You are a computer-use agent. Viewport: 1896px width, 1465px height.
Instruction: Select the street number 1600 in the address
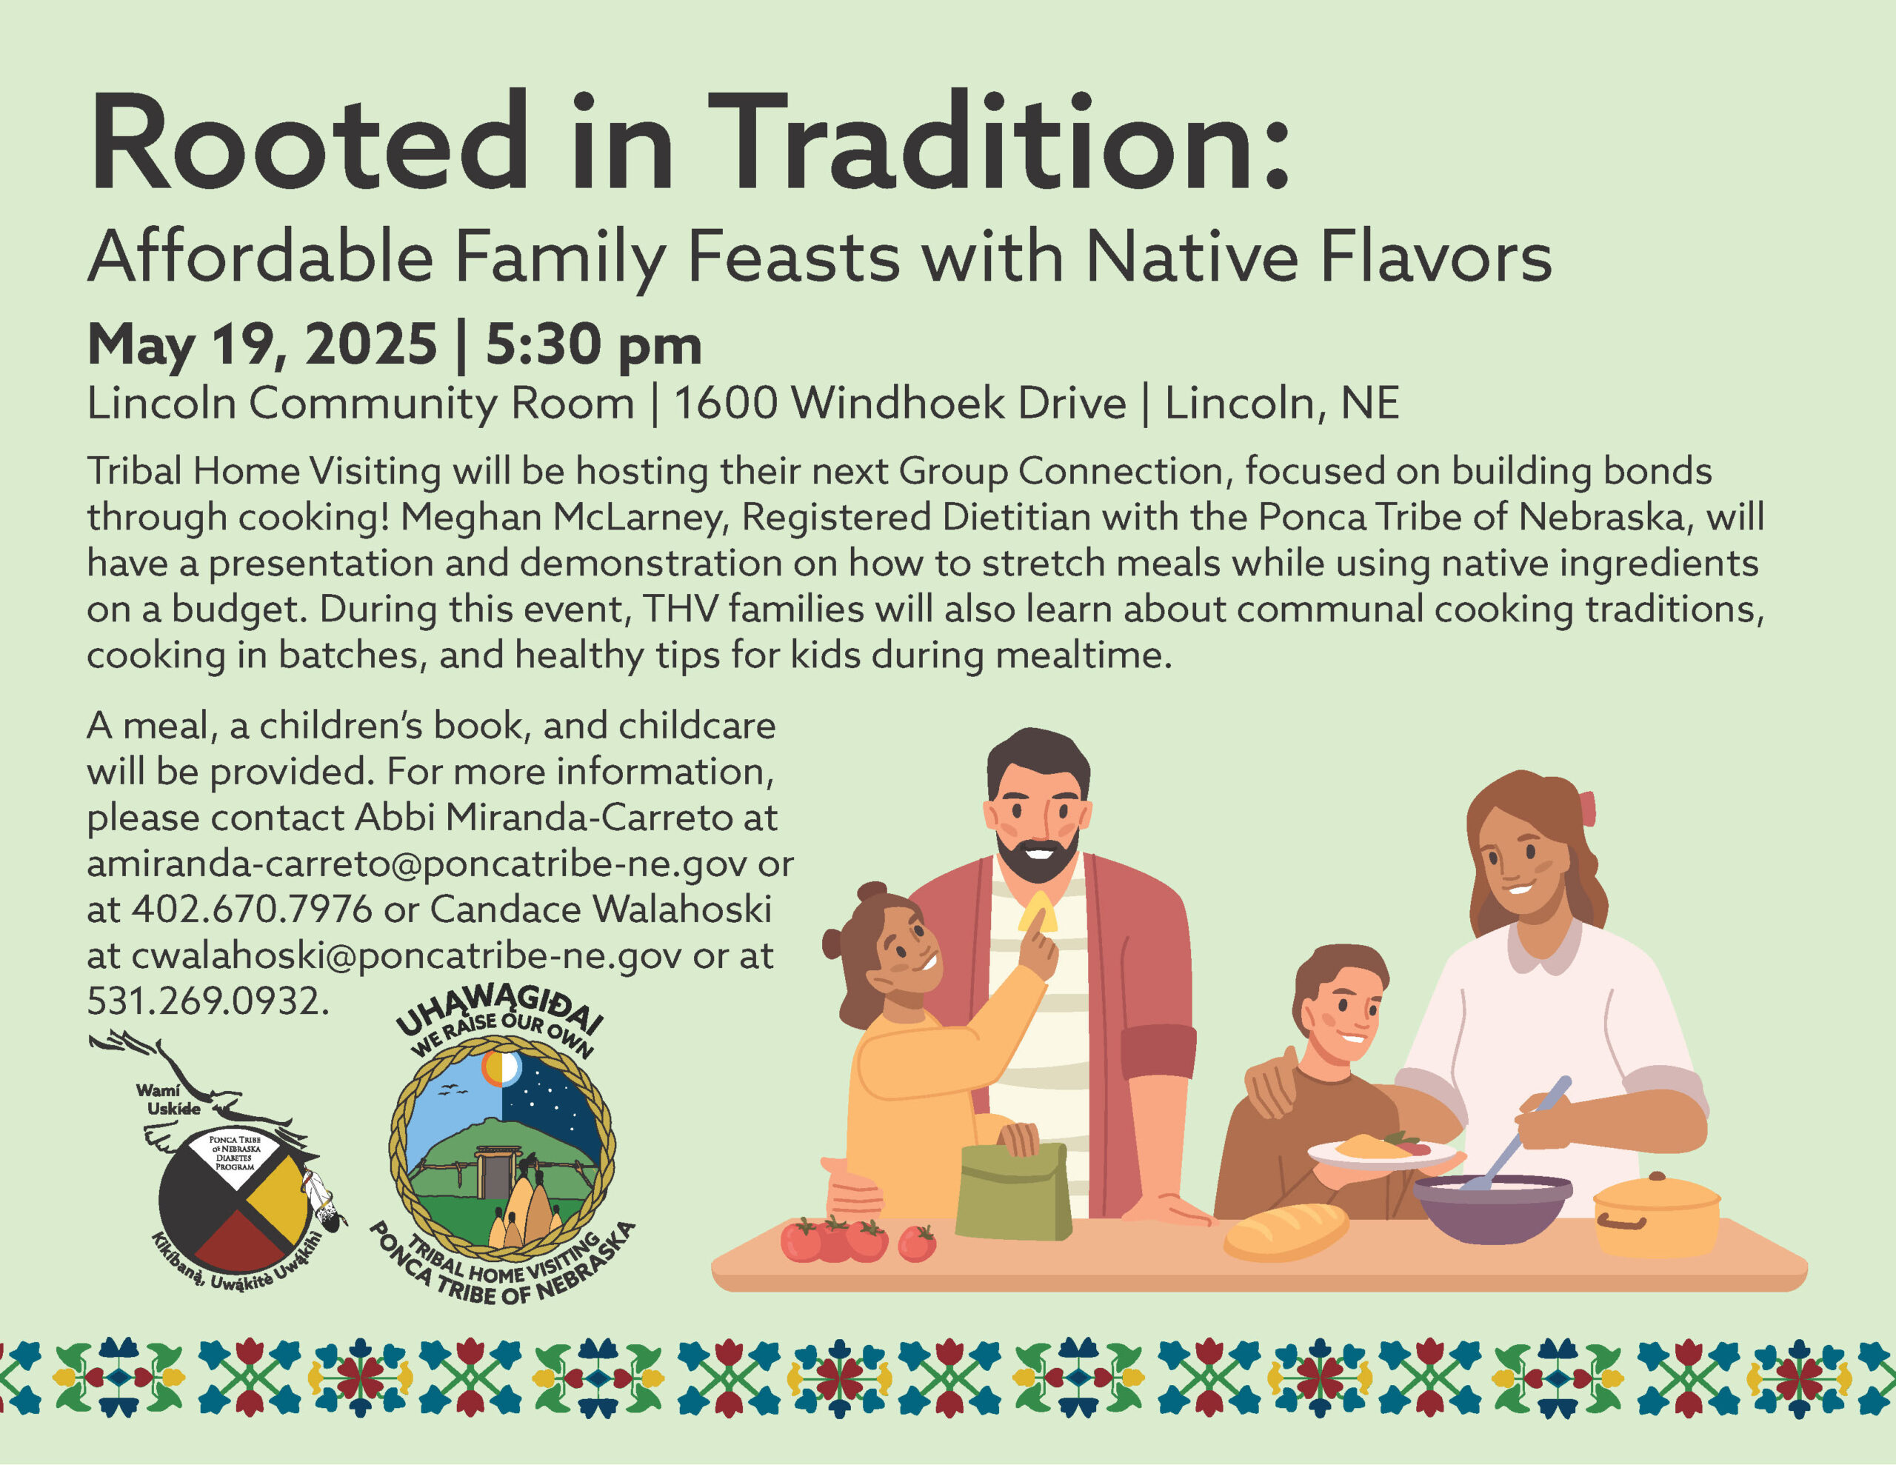pyautogui.click(x=725, y=403)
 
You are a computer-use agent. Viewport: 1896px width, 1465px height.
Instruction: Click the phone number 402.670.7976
pyautogui.click(x=252, y=910)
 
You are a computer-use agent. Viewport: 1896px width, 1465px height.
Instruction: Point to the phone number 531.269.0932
pyautogui.click(x=207, y=1001)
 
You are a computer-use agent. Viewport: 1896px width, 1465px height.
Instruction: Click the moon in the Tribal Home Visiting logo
pyautogui.click(x=502, y=1068)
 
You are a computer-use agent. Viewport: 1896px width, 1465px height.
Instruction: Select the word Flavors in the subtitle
pyautogui.click(x=1436, y=257)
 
